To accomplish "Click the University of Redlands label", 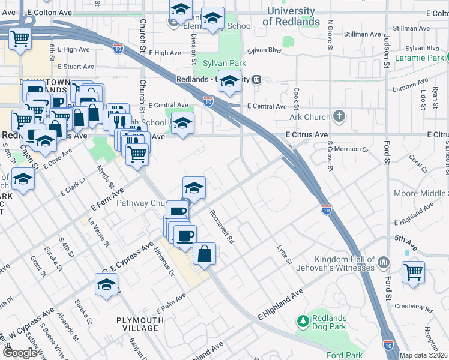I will [291, 16].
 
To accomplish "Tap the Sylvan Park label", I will [224, 62].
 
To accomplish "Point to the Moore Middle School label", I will [421, 193].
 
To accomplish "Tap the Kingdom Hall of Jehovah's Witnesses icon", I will [383, 262].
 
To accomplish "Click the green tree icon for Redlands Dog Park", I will [304, 322].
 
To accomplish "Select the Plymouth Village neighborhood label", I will [140, 324].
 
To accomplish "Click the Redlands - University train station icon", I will [256, 79].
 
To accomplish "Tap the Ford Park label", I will [345, 355].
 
